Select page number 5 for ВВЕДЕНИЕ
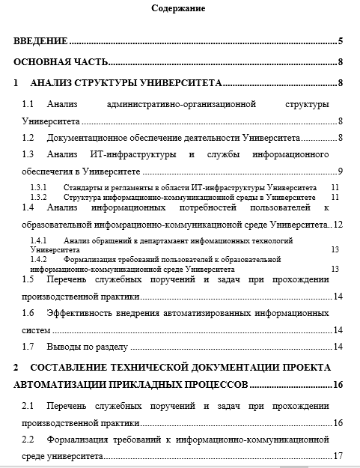point(340,41)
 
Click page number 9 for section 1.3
point(340,172)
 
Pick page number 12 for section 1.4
point(338,224)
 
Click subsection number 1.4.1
point(39,240)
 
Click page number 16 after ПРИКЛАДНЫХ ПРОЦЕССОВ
point(338,385)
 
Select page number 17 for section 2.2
point(338,455)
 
